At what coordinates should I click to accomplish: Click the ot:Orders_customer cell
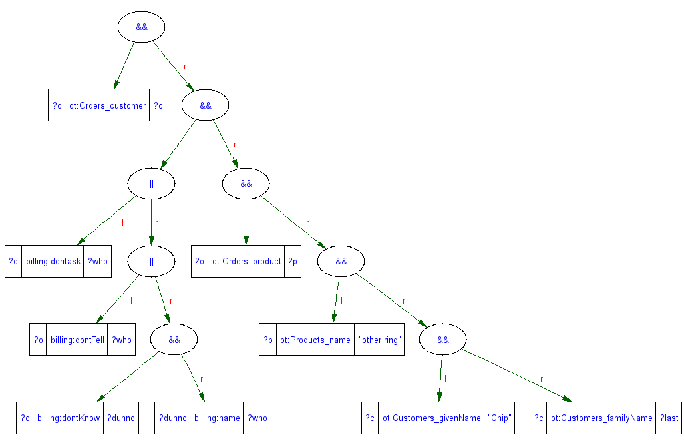tap(107, 105)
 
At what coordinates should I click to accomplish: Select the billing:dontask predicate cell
tap(53, 262)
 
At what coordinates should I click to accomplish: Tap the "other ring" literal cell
tap(379, 340)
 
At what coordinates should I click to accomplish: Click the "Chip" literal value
tap(499, 418)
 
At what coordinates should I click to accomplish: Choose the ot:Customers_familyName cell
tap(601, 418)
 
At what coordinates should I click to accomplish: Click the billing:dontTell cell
tap(77, 340)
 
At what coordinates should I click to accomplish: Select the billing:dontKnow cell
tap(68, 418)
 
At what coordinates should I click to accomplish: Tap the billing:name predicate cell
tap(217, 418)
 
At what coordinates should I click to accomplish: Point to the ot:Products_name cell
tap(315, 340)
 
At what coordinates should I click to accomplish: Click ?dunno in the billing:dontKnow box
tap(121, 418)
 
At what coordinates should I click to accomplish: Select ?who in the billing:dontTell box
tap(122, 340)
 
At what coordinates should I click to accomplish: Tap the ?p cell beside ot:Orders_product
tap(293, 262)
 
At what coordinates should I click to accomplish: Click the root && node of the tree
tap(141, 27)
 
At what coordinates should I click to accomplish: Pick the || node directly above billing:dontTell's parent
tap(152, 183)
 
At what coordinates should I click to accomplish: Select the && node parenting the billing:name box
tap(174, 340)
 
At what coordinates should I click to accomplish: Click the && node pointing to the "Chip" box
tap(443, 340)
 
